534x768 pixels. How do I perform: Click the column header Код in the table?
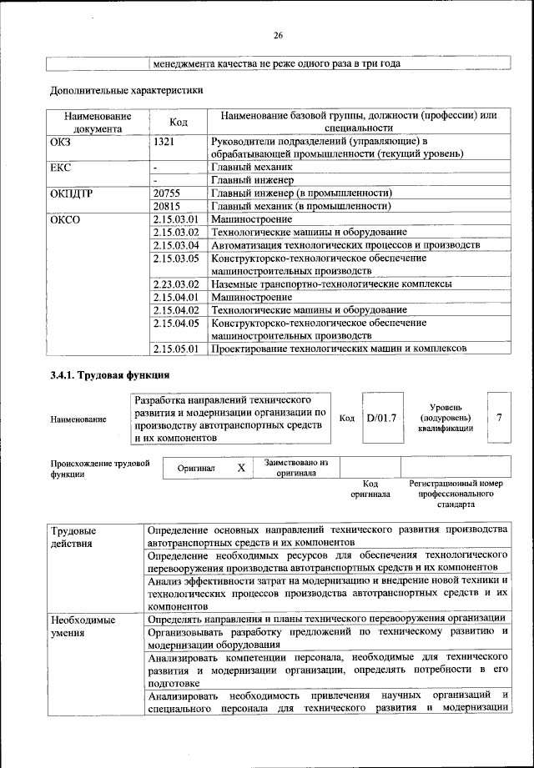179,122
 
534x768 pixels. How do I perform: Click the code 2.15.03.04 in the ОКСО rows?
176,245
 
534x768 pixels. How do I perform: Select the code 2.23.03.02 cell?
176,284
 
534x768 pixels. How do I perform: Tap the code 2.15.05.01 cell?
176,349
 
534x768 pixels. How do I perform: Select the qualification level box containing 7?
499,417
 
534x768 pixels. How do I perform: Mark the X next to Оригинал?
240,469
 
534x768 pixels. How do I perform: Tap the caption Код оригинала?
371,489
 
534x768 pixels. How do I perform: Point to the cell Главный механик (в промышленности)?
302,205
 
